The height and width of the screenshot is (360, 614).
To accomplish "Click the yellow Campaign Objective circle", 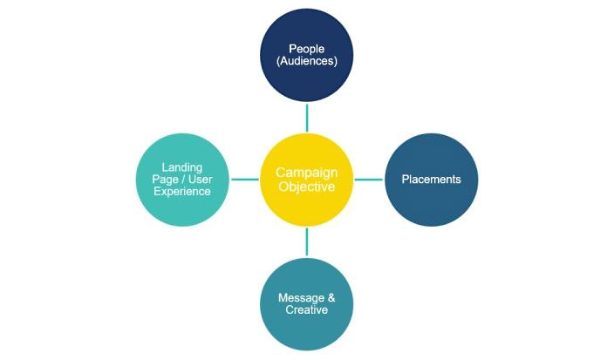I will coord(306,180).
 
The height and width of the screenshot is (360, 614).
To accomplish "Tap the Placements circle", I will coord(431,180).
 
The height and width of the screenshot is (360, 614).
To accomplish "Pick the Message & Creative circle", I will coord(306,304).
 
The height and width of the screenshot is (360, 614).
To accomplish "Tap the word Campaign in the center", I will coord(306,173).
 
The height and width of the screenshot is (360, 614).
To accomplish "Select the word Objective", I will coord(306,187).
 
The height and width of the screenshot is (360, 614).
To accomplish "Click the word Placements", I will coord(431,180).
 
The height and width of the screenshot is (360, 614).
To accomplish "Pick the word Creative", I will coord(306,310).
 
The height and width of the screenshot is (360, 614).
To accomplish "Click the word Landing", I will coord(182,167).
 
